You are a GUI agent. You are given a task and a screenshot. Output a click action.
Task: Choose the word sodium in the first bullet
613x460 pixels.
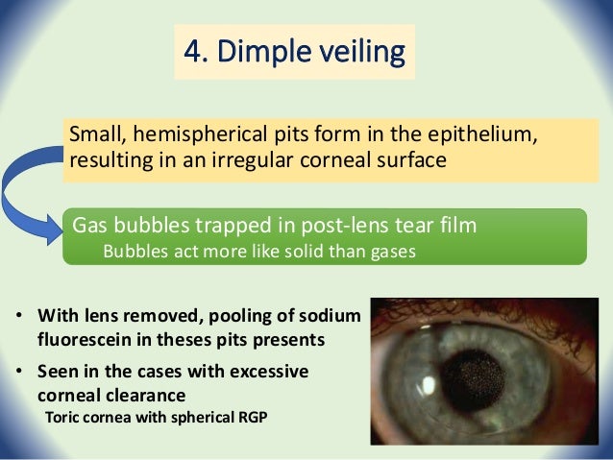(x=327, y=315)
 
